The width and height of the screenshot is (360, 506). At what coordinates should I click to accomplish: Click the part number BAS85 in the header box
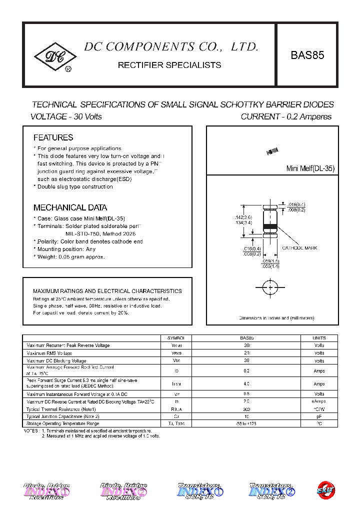click(x=307, y=55)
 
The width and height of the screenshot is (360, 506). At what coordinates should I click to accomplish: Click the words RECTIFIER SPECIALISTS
click(x=169, y=65)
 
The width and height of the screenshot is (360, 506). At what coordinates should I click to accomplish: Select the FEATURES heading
click(x=53, y=137)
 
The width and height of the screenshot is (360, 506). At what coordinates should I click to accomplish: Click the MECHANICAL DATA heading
click(x=70, y=207)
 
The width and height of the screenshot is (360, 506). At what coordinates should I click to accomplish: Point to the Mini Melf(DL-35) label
click(x=310, y=169)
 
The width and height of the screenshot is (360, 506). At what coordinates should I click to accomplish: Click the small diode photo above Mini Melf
click(x=273, y=150)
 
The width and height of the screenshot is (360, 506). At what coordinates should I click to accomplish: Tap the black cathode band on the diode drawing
click(x=270, y=227)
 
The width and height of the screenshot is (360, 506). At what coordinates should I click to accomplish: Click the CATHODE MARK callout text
click(x=299, y=248)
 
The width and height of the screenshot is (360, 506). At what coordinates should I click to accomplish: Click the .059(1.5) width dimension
click(x=270, y=261)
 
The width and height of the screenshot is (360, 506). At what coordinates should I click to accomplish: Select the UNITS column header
click(x=319, y=338)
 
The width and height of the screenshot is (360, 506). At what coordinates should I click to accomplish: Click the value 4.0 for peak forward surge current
click(x=246, y=384)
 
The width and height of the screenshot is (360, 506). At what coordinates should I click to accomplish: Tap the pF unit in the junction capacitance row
click(x=319, y=416)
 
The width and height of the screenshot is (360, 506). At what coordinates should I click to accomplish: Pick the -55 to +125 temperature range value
click(x=246, y=423)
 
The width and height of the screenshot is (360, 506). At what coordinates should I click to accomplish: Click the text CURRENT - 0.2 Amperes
click(x=286, y=116)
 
